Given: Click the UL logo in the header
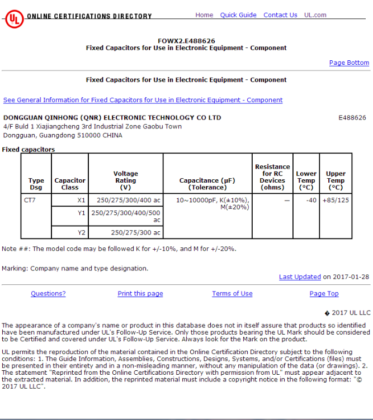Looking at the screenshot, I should pos(13,18).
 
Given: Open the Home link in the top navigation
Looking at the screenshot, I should pos(204,15).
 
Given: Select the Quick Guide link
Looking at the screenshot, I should pos(238,15).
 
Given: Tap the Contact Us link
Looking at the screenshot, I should pos(280,15).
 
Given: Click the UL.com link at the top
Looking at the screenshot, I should pos(315,15).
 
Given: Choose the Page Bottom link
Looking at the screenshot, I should pos(349,63).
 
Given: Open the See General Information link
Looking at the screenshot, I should pos(143,101).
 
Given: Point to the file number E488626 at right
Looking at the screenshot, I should pos(352,118).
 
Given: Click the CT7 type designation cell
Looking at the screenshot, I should pos(30,200).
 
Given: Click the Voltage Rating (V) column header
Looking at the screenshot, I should pos(126,177).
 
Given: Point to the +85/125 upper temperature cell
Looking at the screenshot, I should pos(336,200).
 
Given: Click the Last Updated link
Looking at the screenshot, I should pos(300,277).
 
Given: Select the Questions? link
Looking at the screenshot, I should pos(48,294).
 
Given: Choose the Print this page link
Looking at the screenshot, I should pos(140,294).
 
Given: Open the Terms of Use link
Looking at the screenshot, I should pos(232,294).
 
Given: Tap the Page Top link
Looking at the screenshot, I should pos(324,294).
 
